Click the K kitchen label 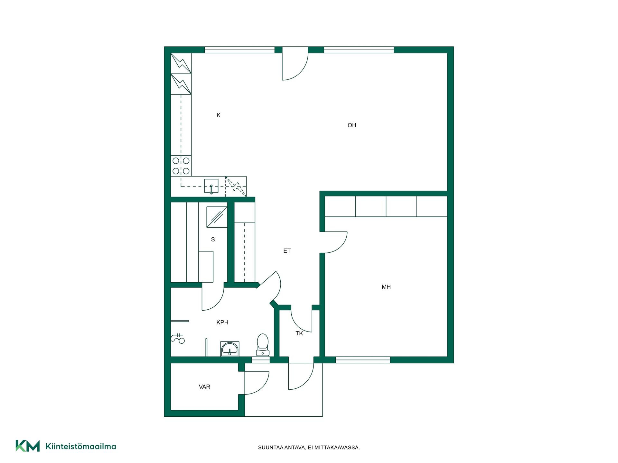219,115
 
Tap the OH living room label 352,125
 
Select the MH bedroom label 386,287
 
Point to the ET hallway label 287,251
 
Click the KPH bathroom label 222,322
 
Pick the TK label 299,333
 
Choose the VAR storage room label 204,387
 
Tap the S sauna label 213,239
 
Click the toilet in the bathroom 263,345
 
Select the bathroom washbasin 229,349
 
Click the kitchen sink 211,186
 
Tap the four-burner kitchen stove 181,166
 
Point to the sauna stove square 217,217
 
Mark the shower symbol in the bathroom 178,339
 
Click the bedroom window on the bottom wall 363,360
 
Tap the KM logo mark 28,446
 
